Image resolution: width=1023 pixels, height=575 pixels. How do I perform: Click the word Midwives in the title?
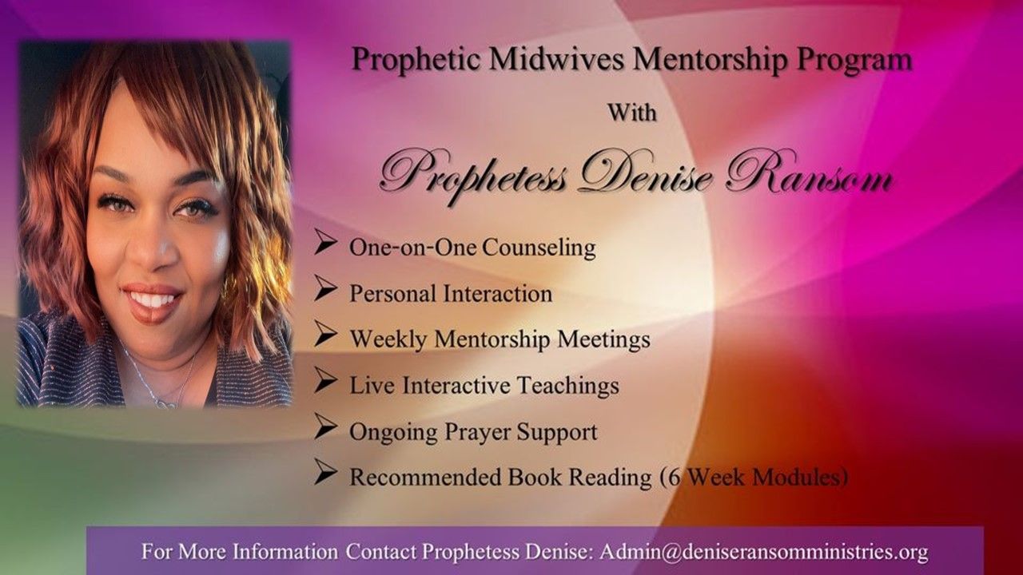click(x=557, y=59)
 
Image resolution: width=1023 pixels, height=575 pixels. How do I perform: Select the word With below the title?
click(x=631, y=113)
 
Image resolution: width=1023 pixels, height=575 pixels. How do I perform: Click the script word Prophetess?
click(x=475, y=176)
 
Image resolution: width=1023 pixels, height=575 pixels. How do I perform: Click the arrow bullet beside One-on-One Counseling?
click(x=325, y=242)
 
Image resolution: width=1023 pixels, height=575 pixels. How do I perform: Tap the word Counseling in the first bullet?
click(x=539, y=248)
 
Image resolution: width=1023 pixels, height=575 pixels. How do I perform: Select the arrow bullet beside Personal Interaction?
click(x=325, y=288)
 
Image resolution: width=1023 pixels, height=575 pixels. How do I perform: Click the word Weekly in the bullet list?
click(x=388, y=340)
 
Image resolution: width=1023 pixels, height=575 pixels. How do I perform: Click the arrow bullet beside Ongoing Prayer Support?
click(x=325, y=426)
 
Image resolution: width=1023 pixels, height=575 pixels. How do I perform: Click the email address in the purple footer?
click(x=764, y=552)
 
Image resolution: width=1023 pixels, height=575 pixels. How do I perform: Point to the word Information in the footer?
click(x=285, y=552)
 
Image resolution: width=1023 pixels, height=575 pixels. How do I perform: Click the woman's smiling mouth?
click(x=151, y=301)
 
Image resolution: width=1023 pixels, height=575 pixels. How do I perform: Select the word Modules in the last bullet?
click(x=799, y=478)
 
